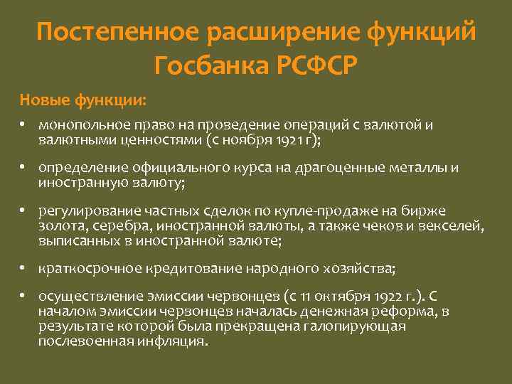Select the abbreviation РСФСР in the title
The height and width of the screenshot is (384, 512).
pos(315,65)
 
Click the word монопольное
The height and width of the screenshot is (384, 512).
pos(77,126)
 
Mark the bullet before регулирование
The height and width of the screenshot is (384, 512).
pos(23,211)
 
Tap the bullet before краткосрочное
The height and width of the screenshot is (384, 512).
pos(23,269)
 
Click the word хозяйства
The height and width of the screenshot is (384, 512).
pos(358,269)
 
